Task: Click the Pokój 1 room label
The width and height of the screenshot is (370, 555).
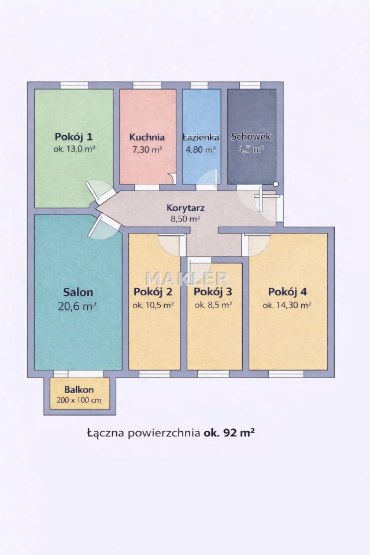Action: pos(73,136)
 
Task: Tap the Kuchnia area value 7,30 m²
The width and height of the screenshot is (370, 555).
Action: pos(147,150)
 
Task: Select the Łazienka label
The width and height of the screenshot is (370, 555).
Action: pos(201,138)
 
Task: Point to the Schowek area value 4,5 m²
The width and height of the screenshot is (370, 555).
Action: pos(251,149)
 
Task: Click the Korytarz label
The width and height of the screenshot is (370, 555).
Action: pos(186,208)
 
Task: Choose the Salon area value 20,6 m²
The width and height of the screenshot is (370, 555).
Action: pos(77,306)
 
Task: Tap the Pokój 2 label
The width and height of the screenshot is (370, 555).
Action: pos(153,292)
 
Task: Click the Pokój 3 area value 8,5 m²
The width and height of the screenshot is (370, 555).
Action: pos(213,305)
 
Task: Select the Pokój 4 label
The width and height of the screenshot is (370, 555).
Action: pos(287,292)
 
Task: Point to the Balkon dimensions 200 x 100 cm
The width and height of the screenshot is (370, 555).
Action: pos(79,400)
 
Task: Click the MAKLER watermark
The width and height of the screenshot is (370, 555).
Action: pos(187,279)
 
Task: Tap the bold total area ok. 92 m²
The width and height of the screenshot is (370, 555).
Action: pos(229,432)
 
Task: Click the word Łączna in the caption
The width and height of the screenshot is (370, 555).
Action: pos(106,433)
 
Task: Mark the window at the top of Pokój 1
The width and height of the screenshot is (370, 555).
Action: pos(73,86)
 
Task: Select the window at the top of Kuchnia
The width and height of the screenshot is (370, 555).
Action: pos(147,86)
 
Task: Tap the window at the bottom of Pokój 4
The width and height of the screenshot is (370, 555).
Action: pos(286,374)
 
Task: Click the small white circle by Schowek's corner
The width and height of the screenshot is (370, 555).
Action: pos(276,184)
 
